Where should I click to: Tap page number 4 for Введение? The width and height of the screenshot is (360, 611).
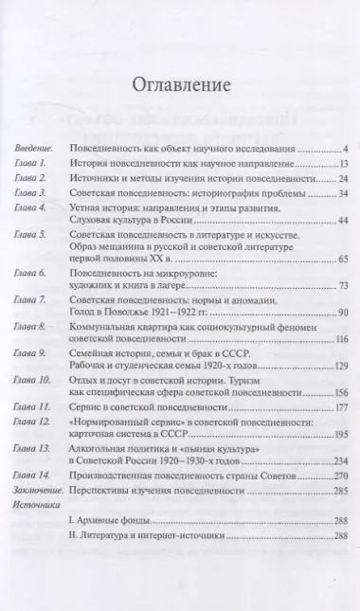(x=348, y=150)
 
